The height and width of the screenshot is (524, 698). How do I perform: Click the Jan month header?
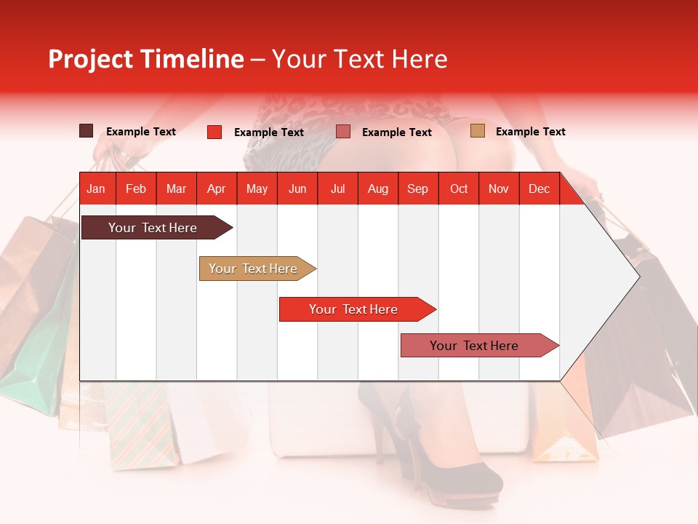coord(96,189)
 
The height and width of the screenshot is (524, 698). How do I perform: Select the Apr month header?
coord(216,189)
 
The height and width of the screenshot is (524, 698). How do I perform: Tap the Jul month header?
coord(337,189)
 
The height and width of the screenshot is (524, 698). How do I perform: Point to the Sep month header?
coord(417,189)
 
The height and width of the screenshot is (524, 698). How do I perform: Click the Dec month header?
coord(539,189)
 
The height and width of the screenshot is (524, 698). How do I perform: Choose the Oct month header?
coord(459,189)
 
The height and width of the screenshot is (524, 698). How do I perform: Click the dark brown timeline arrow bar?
coord(153,228)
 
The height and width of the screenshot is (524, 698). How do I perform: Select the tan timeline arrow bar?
coord(254,269)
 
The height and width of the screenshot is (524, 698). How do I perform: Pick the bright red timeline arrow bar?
coord(354,309)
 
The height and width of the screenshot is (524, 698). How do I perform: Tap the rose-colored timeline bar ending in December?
coord(476,346)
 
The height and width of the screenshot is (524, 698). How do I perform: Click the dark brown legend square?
coord(86,131)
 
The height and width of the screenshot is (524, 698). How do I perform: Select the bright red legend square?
coord(214,132)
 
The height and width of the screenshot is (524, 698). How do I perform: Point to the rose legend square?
coord(343,132)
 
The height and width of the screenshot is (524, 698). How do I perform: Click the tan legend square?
coord(477,131)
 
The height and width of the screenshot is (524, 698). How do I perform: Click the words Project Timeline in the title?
coord(145,59)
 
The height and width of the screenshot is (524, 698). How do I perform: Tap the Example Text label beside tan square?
coord(530,132)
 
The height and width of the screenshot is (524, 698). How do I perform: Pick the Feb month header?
coord(136,189)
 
